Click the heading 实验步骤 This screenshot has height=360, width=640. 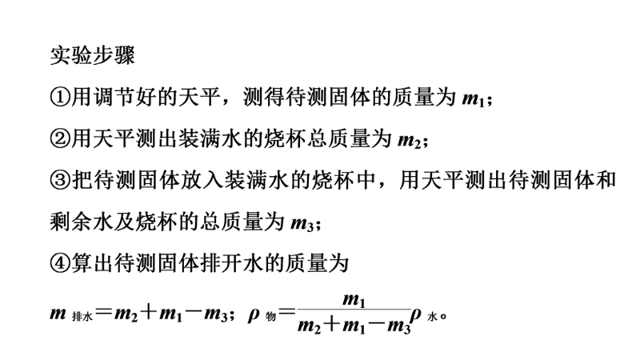[x=92, y=55]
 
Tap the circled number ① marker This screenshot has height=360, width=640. [x=60, y=97]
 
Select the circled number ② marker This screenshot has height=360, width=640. [x=60, y=138]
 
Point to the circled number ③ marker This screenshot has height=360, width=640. [x=60, y=180]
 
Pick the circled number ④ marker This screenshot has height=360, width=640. [x=60, y=263]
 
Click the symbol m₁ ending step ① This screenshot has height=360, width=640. [x=473, y=99]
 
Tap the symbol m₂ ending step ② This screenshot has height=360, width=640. [x=409, y=141]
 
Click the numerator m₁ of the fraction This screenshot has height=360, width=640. [x=354, y=301]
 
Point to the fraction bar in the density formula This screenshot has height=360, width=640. [x=354, y=310]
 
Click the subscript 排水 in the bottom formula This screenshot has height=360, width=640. [x=82, y=316]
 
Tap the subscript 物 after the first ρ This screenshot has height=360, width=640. [x=270, y=316]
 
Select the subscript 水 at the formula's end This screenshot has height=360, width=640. [x=432, y=316]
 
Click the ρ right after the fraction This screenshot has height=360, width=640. [x=416, y=314]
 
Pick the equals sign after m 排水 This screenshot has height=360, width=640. [x=104, y=313]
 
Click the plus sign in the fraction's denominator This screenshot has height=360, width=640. [x=333, y=326]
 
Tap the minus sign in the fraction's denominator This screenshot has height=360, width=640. [x=378, y=326]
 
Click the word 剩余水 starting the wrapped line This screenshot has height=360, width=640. [x=82, y=222]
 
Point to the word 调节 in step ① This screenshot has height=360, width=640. [x=114, y=97]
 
